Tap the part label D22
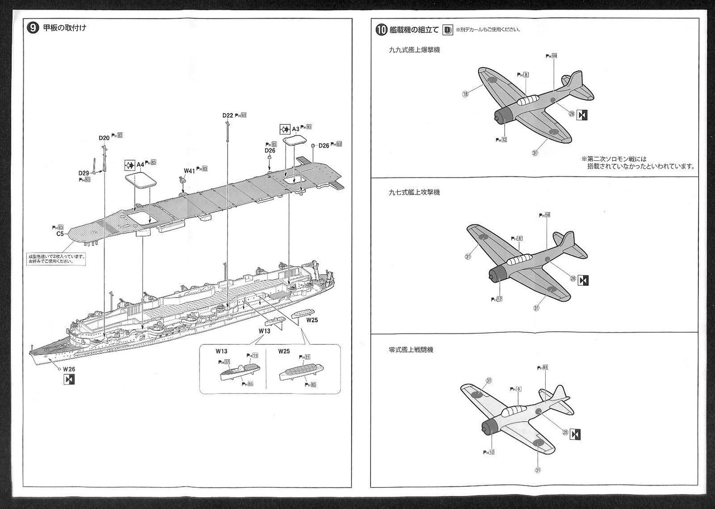[227, 116]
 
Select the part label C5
[60, 234]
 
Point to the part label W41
[190, 170]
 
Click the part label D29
[84, 173]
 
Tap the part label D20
[104, 137]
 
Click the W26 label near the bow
[69, 369]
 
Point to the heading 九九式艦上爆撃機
[414, 50]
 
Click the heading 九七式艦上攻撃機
[414, 192]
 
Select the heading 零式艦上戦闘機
[411, 350]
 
